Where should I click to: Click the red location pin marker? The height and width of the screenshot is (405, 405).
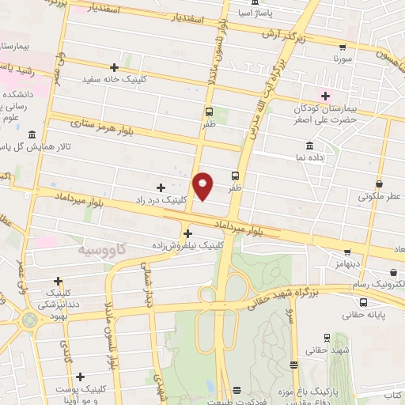(203, 186)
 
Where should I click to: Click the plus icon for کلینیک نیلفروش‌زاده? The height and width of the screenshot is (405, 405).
(187, 233)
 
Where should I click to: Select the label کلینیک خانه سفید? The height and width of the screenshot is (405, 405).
(115, 79)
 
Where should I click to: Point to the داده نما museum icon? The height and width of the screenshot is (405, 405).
(308, 146)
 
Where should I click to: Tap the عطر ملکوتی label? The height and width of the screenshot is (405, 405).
(380, 195)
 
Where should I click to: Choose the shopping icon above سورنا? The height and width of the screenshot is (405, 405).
(342, 47)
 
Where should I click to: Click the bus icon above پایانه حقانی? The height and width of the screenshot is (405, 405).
(363, 301)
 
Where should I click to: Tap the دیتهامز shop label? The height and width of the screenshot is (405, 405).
(346, 261)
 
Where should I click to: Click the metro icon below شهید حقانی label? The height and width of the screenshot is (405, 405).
(293, 365)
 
